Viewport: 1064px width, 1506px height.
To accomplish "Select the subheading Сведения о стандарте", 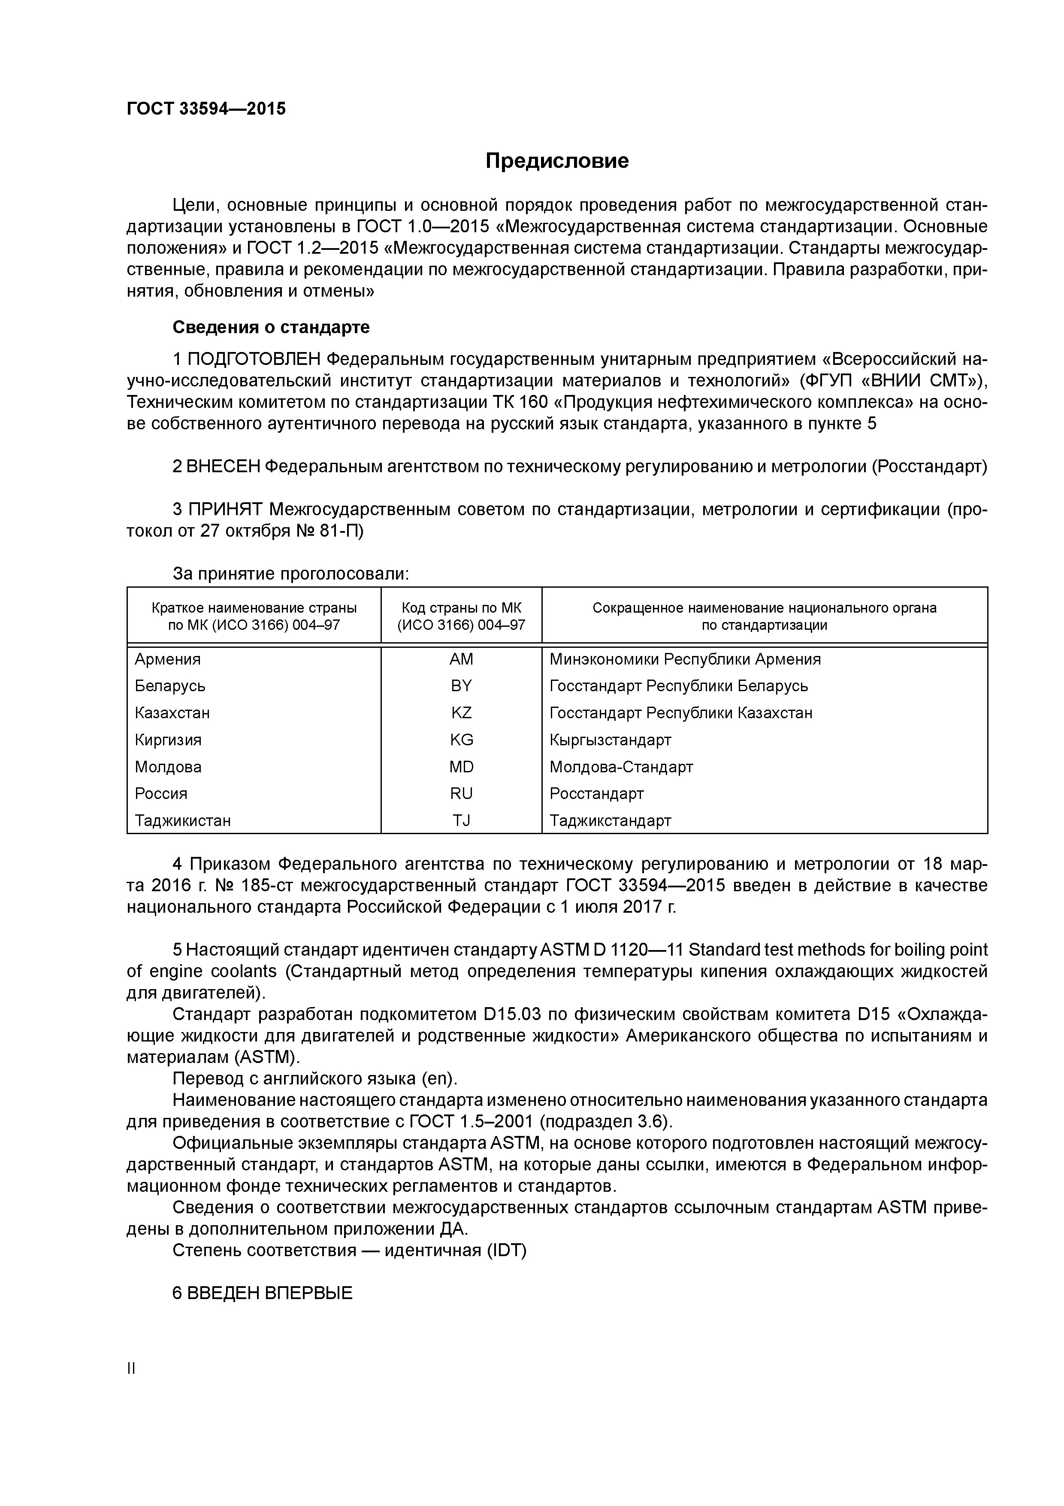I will click(x=271, y=327).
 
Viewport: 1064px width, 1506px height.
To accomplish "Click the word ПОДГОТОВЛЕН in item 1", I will click(x=254, y=359).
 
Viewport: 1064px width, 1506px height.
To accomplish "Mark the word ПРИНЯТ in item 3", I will click(x=226, y=510).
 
